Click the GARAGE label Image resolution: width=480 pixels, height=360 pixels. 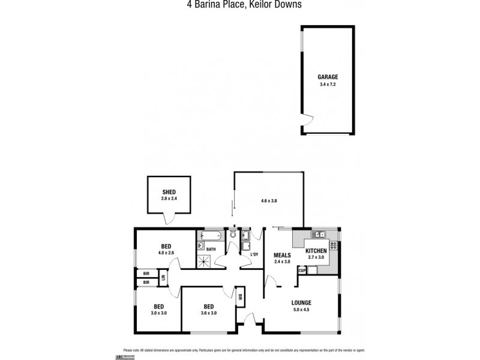tap(328, 77)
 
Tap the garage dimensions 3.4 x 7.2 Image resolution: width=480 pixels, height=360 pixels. tap(328, 84)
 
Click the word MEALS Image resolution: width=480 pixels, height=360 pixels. tap(282, 254)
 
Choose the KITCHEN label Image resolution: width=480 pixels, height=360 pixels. tap(316, 250)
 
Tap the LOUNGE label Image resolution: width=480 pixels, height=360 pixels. tap(302, 302)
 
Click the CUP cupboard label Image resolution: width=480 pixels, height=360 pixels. tap(302, 271)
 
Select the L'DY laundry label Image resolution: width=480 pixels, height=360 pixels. tap(254, 256)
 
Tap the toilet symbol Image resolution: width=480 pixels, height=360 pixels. tap(233, 235)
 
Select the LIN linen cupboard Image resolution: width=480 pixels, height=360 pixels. tap(163, 278)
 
